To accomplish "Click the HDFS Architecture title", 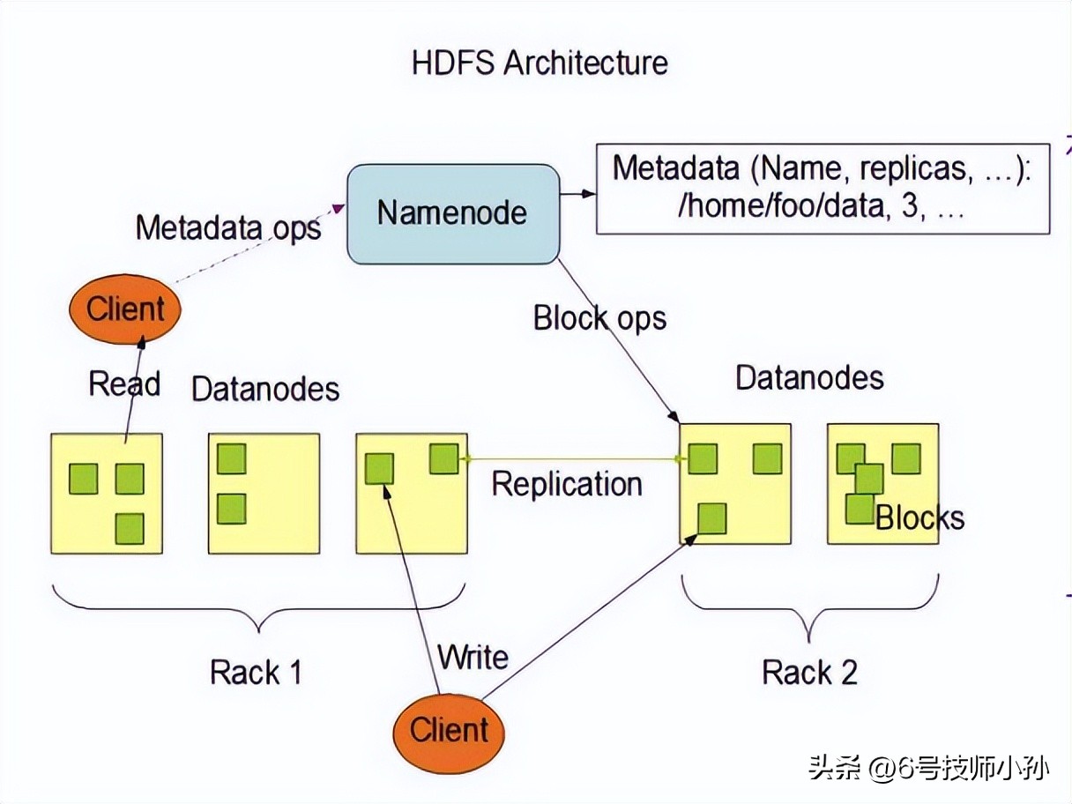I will (x=540, y=63).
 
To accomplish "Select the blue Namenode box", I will (x=453, y=212).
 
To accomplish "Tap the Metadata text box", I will (x=822, y=188).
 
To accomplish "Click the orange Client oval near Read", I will (x=125, y=309).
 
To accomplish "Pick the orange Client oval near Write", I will (x=449, y=730).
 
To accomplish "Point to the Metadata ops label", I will (x=228, y=227).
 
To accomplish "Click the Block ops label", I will (x=599, y=318).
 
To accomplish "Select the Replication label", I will (x=566, y=484).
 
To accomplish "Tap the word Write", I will (x=473, y=658).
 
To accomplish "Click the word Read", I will (x=124, y=384).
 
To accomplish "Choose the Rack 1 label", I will (x=256, y=673).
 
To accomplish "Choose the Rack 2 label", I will (x=809, y=673).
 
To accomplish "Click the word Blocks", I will (x=919, y=517).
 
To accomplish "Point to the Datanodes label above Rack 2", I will (x=809, y=377).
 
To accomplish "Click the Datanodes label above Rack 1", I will (x=265, y=389).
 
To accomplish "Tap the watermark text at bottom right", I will (x=927, y=768).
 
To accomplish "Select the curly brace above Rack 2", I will (x=809, y=608).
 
